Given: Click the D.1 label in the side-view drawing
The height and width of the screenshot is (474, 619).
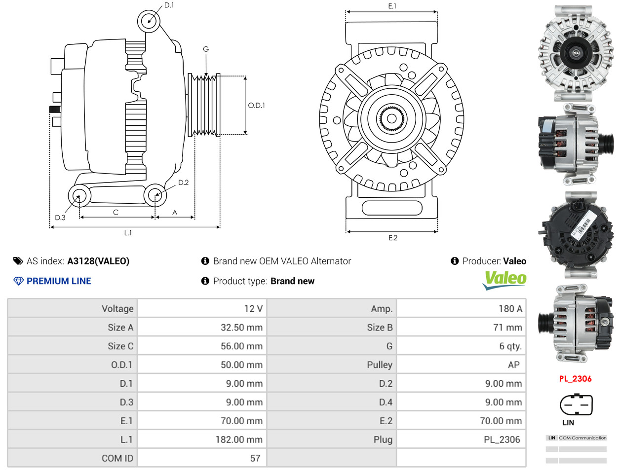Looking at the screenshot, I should pos(169,5).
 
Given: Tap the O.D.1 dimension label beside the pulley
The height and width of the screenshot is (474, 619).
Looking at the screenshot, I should pos(256,106).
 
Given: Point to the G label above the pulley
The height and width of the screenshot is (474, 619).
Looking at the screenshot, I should pos(206,49).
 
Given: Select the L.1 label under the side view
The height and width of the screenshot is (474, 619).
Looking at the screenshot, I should pos(128,233).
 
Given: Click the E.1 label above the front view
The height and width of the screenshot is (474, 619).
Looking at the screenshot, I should pos(392,6).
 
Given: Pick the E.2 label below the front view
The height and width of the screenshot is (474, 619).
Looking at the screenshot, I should pos(392,238).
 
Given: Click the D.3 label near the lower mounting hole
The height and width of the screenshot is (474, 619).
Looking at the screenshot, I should pos(60,218).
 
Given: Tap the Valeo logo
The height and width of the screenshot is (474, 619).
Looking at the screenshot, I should pos(504,280).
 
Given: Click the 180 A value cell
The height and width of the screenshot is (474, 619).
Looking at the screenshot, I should pos(510,309).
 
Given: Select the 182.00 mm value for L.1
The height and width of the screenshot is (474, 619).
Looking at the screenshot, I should pos(239,439).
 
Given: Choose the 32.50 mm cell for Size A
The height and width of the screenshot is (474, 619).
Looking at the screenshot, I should pos(241,328).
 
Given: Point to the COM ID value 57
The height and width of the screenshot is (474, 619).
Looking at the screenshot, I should pos(255,458).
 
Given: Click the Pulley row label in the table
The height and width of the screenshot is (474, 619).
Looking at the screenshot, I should pos(379,365).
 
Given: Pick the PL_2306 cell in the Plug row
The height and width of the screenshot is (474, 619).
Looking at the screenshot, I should pos(502,439).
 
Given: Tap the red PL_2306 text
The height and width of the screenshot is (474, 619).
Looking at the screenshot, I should pos(575,379).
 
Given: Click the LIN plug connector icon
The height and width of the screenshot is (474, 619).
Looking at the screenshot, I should pos(576,405).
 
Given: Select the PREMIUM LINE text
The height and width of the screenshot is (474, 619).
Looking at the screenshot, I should pos(59,281).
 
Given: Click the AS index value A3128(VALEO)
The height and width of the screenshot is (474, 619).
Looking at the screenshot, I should pos(98,261).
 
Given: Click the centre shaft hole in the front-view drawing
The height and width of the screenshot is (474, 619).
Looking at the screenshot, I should pos(391,118).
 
